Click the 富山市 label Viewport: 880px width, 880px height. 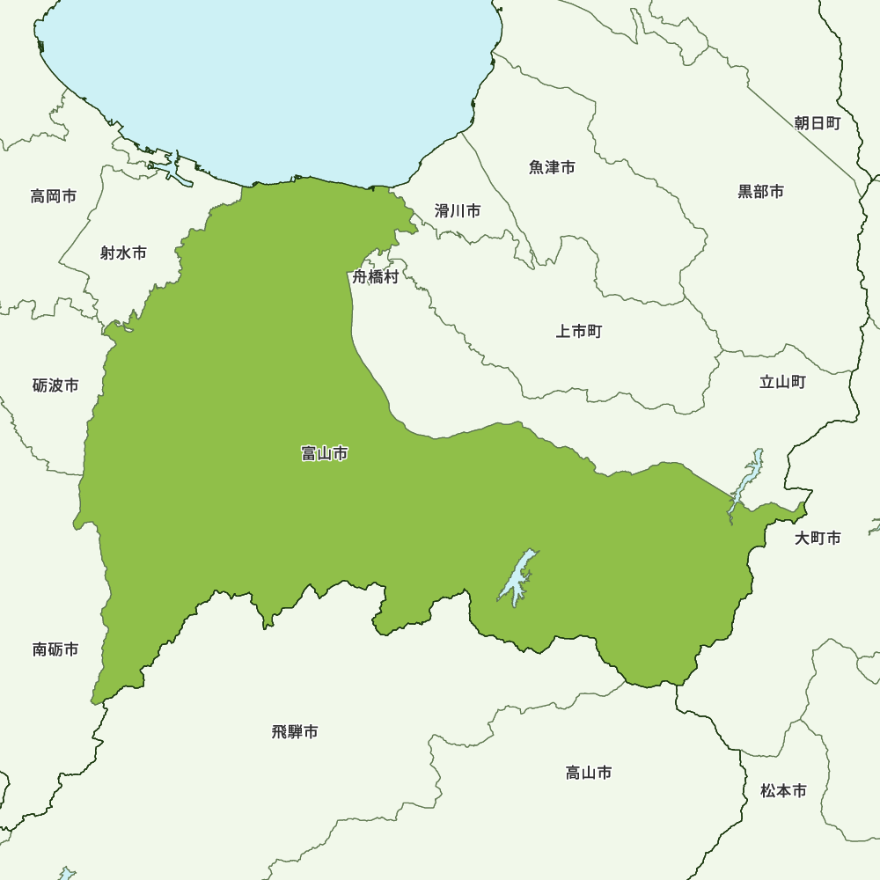324,454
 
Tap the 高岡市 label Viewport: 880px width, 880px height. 54,196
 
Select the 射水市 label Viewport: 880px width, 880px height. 123,253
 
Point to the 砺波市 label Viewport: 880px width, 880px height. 55,385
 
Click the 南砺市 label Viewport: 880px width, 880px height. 55,649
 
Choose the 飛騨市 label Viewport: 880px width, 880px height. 295,731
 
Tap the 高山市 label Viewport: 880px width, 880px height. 589,773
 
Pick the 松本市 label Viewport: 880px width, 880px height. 783,791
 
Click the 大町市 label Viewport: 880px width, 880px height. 818,538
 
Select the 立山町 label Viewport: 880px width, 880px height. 782,382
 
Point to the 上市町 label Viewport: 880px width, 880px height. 578,332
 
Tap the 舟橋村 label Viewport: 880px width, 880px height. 376,277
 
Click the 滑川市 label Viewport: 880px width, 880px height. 458,211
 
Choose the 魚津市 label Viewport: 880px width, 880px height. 552,167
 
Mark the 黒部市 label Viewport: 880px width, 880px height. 760,192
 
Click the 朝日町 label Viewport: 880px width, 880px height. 817,123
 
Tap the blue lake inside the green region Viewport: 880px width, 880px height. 518,576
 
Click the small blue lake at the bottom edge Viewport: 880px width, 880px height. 67,874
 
